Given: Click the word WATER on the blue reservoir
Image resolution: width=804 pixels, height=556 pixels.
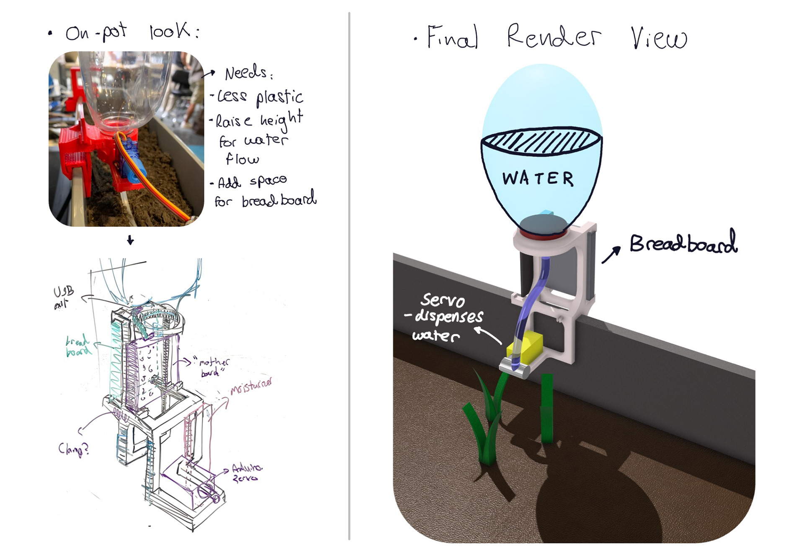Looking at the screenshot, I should pos(538,179).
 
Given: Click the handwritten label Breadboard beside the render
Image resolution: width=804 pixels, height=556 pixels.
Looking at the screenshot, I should pos(683,243).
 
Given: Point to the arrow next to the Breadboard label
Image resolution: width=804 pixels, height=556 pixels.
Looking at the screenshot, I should pos(611,254).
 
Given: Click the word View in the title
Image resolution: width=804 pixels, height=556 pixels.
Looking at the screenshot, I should pos(659,38).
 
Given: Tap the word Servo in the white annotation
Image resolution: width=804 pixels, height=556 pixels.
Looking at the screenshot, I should pos(443,300).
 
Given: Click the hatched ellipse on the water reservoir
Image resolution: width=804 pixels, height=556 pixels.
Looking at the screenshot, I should pos(541,141).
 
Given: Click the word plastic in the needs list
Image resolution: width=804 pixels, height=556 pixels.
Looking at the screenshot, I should pos(279,97).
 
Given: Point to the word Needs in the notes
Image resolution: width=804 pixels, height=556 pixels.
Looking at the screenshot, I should pos(246,73).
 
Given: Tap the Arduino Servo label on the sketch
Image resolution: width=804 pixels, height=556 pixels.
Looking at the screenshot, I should pos(247,473).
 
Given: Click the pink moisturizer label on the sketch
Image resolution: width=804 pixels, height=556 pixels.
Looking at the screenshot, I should pos(250,386).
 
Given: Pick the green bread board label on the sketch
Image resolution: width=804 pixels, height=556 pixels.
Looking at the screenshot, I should pos(78,346).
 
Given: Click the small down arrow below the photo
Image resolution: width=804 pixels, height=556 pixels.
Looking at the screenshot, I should pos(130,240).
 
